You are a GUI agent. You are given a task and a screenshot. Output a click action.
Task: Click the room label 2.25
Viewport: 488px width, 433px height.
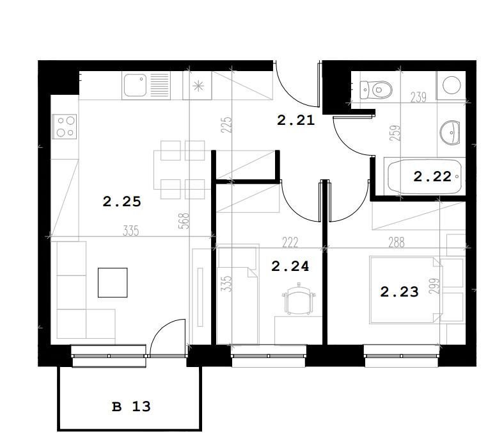pos(122,202)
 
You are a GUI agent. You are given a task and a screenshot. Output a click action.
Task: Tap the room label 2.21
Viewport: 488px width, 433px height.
pos(295,120)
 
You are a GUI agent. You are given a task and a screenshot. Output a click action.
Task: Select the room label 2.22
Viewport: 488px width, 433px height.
pos(432,177)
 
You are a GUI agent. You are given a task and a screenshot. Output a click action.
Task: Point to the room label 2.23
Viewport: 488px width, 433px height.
pos(399,292)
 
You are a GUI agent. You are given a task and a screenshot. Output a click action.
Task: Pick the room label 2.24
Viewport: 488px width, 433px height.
pos(290,266)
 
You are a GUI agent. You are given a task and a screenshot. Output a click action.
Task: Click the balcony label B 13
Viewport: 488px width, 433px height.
pos(131,407)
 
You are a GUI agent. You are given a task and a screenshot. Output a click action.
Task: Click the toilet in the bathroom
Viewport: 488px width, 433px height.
pos(376,90)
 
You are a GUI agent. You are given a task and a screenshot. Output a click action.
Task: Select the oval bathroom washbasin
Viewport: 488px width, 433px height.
pos(450,133)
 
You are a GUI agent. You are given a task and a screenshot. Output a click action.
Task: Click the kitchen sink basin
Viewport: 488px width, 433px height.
pos(135,85)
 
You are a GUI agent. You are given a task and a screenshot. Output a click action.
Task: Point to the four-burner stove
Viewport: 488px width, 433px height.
pos(65,126)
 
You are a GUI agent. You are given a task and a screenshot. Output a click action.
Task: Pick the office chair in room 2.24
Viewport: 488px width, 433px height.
pos(299,298)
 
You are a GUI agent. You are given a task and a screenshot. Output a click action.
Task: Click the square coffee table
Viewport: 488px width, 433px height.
pos(113,282)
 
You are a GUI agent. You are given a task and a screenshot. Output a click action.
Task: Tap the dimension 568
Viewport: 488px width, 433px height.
pos(184,221)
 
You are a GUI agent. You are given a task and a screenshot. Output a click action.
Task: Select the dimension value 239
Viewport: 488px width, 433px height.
pos(418,97)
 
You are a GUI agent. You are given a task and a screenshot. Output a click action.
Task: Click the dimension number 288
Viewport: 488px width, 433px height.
pos(397,242)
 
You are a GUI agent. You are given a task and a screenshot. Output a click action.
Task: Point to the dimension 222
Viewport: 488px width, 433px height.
pos(290,242)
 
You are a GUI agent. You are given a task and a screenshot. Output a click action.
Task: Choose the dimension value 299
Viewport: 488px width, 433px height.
pos(434,286)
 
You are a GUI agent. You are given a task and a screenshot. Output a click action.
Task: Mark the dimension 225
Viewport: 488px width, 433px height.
pos(226,125)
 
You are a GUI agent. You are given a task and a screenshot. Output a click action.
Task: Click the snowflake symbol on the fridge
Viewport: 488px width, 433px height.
pos(198,86)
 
